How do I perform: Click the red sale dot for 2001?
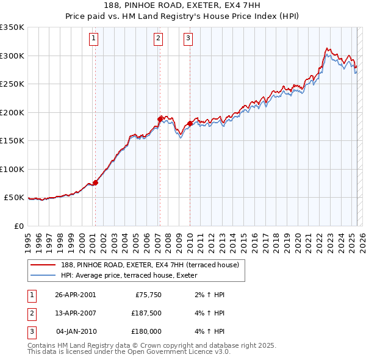(96, 182)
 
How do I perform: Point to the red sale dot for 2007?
(160, 119)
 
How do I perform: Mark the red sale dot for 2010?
(190, 123)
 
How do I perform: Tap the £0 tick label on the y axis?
(18, 226)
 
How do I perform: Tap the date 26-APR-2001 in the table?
(75, 295)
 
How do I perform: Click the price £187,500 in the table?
(146, 313)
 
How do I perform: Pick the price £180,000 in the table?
(146, 331)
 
